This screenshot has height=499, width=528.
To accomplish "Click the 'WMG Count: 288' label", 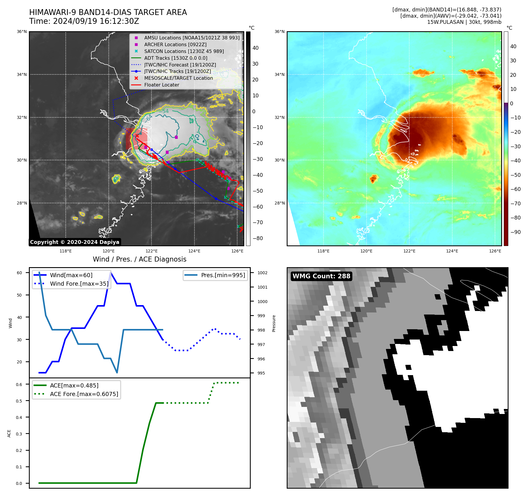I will click(321, 276).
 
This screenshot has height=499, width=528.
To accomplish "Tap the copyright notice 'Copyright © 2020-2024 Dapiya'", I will click(75, 242).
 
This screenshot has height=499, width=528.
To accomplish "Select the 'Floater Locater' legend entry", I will click(161, 85).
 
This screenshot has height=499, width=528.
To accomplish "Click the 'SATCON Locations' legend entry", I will click(184, 51).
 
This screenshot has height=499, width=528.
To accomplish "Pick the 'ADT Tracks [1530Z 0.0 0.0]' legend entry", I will click(176, 58).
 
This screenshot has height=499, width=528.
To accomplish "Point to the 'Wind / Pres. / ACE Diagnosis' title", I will click(139, 259).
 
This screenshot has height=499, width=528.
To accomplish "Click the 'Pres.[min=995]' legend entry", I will click(223, 275).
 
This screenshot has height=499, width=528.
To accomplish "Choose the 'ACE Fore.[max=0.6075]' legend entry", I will click(84, 394).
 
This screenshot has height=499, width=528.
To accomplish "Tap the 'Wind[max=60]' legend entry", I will click(71, 275).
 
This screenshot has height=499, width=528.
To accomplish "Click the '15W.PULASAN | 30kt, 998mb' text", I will click(464, 22).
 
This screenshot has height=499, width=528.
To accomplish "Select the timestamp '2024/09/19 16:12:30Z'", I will click(96, 21).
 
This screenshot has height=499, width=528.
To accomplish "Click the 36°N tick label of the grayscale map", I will click(22, 32).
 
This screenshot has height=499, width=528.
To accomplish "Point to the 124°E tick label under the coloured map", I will click(452, 251).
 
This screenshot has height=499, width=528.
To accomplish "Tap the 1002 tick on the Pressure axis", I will click(262, 273).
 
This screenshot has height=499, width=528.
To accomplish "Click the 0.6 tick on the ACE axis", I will click(19, 385).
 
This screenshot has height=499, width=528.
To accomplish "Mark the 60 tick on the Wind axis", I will click(19, 273).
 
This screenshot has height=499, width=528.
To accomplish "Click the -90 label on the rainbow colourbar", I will click(515, 232).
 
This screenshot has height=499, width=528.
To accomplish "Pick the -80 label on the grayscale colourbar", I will click(258, 238).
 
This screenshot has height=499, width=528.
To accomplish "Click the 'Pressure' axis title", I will click(274, 323).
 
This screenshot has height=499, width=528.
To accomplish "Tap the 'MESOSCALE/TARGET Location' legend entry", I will click(178, 78).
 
